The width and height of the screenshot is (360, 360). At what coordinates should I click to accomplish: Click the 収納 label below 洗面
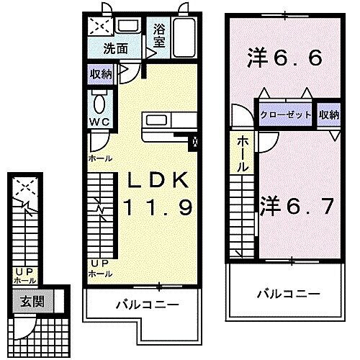pyautogui.click(x=101, y=74)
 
